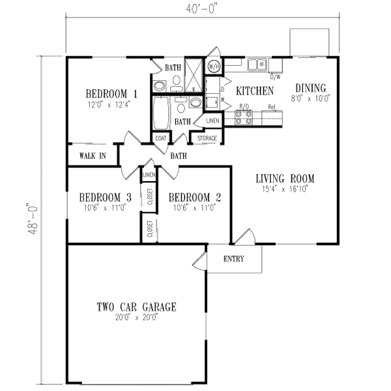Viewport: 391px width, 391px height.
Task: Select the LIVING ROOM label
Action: (285, 178)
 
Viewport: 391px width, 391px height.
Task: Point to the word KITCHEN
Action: (254, 91)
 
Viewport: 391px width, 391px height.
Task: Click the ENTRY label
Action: (233, 259)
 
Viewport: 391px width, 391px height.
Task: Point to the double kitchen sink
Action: (256, 64)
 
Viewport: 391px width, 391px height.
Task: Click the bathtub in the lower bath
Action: (160, 113)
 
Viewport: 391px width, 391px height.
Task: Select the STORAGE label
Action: (207, 138)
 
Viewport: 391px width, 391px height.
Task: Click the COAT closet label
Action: (160, 138)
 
